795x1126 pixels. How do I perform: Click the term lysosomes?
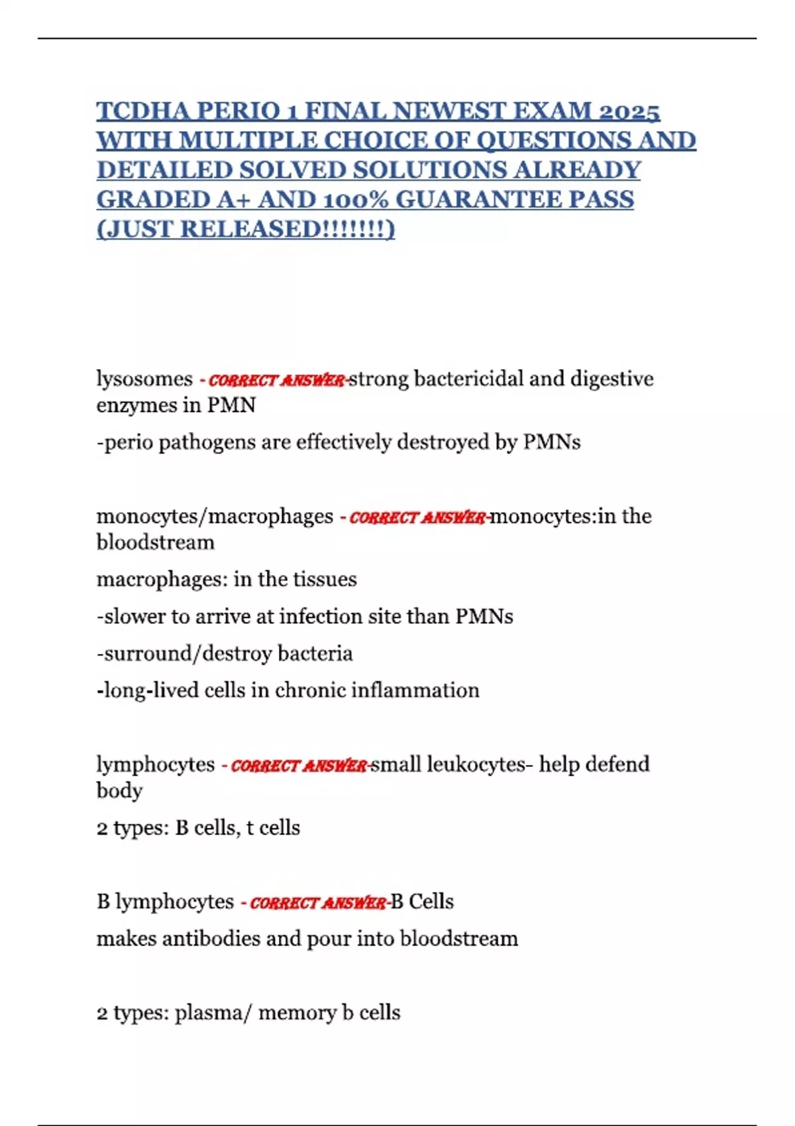pos(144,379)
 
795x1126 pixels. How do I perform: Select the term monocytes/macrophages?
pos(215,516)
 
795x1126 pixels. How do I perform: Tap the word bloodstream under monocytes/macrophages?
pos(156,542)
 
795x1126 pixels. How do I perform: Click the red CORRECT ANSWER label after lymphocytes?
pos(298,766)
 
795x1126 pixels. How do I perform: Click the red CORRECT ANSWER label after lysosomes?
pos(276,380)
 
